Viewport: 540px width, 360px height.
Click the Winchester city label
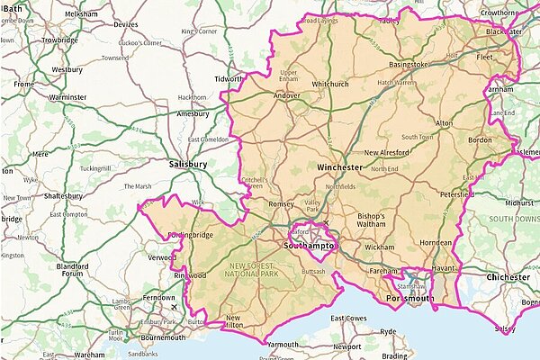[x=339, y=167]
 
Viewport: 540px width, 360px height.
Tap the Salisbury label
[x=188, y=165]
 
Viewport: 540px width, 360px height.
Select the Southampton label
[x=309, y=245]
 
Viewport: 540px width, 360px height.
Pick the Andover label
[x=286, y=94]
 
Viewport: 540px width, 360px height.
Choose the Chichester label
[x=508, y=277]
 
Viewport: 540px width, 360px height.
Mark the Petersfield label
[x=457, y=193]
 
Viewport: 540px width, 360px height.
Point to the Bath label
[x=11, y=8]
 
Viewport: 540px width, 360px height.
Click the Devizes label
[x=127, y=25]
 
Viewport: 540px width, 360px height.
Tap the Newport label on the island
[x=346, y=346]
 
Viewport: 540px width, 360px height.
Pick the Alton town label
[x=444, y=121]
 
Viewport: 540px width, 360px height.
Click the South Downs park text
[x=513, y=219]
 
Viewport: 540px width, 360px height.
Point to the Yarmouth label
[x=283, y=345]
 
